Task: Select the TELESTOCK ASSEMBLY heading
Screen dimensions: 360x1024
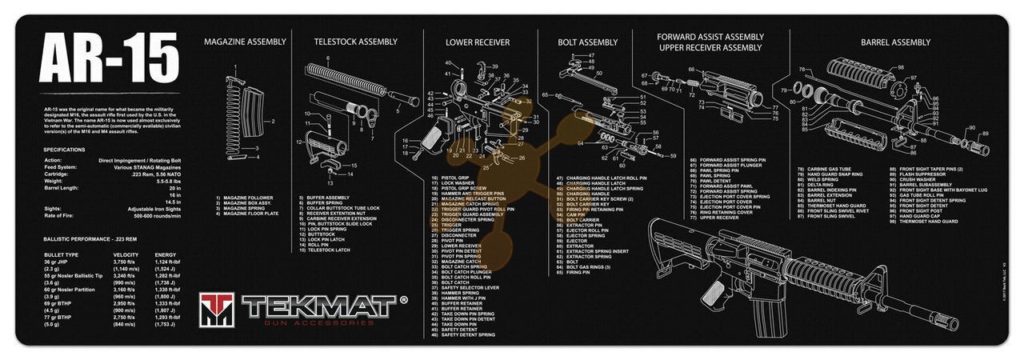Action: [x=355, y=42]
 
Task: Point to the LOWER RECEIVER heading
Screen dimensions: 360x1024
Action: [x=478, y=42]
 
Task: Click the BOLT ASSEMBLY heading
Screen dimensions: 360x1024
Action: [x=588, y=42]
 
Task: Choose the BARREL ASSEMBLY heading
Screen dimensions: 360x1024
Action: [x=895, y=42]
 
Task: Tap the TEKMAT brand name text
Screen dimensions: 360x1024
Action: [x=320, y=305]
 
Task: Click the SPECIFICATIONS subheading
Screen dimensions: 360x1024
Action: [x=65, y=150]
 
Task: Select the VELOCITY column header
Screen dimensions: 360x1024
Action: [x=126, y=254]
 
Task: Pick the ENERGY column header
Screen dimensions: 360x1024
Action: [x=166, y=254]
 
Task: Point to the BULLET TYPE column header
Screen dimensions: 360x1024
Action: [x=62, y=254]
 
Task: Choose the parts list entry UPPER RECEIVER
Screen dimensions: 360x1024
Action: [x=719, y=217]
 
